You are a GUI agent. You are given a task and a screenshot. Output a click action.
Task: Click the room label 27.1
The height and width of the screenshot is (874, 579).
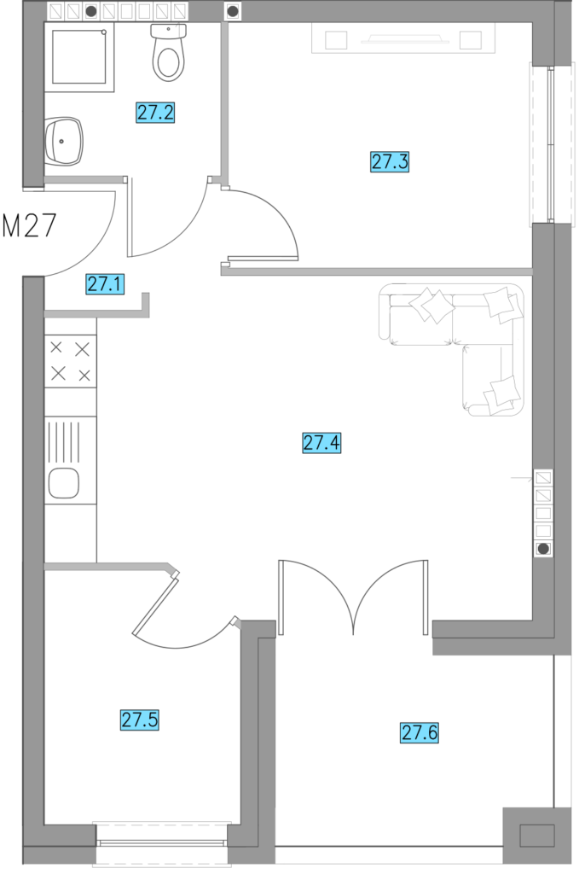pyautogui.click(x=105, y=284)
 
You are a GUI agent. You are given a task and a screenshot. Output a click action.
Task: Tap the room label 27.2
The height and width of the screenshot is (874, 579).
pyautogui.click(x=155, y=112)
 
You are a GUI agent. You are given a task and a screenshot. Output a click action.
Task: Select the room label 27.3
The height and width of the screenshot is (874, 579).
pyautogui.click(x=390, y=161)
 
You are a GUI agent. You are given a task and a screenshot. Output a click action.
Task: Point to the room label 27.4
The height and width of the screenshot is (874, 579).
pyautogui.click(x=321, y=443)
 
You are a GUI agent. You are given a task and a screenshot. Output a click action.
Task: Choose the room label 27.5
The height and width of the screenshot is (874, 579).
pyautogui.click(x=140, y=720)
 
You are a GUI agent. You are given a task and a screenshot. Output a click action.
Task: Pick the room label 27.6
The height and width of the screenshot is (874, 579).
pyautogui.click(x=420, y=732)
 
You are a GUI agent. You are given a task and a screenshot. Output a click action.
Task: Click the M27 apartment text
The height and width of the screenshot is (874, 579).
pyautogui.click(x=30, y=225)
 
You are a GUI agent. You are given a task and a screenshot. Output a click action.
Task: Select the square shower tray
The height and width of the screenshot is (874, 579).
pyautogui.click(x=79, y=57)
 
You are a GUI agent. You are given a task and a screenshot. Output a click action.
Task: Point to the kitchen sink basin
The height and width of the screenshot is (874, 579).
pyautogui.click(x=63, y=483)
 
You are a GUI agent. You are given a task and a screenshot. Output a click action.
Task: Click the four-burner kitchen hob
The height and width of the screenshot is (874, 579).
pyautogui.click(x=70, y=361)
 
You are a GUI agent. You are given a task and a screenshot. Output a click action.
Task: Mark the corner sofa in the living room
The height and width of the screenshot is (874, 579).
pyautogui.click(x=452, y=349)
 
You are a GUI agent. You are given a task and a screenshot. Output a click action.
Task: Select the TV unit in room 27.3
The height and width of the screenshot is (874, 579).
pyautogui.click(x=403, y=39)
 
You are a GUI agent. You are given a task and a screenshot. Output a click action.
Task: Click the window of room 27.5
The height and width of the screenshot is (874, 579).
pyautogui.click(x=161, y=842)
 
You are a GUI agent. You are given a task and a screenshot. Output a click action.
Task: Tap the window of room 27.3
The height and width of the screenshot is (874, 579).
pyautogui.click(x=551, y=143)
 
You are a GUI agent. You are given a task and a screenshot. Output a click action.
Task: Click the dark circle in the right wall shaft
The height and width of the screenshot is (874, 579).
pyautogui.click(x=543, y=549)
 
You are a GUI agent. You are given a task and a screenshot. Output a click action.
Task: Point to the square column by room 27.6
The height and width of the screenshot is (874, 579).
pyautogui.click(x=536, y=835)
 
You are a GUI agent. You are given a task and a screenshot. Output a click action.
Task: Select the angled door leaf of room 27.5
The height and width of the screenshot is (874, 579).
pyautogui.click(x=156, y=605)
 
